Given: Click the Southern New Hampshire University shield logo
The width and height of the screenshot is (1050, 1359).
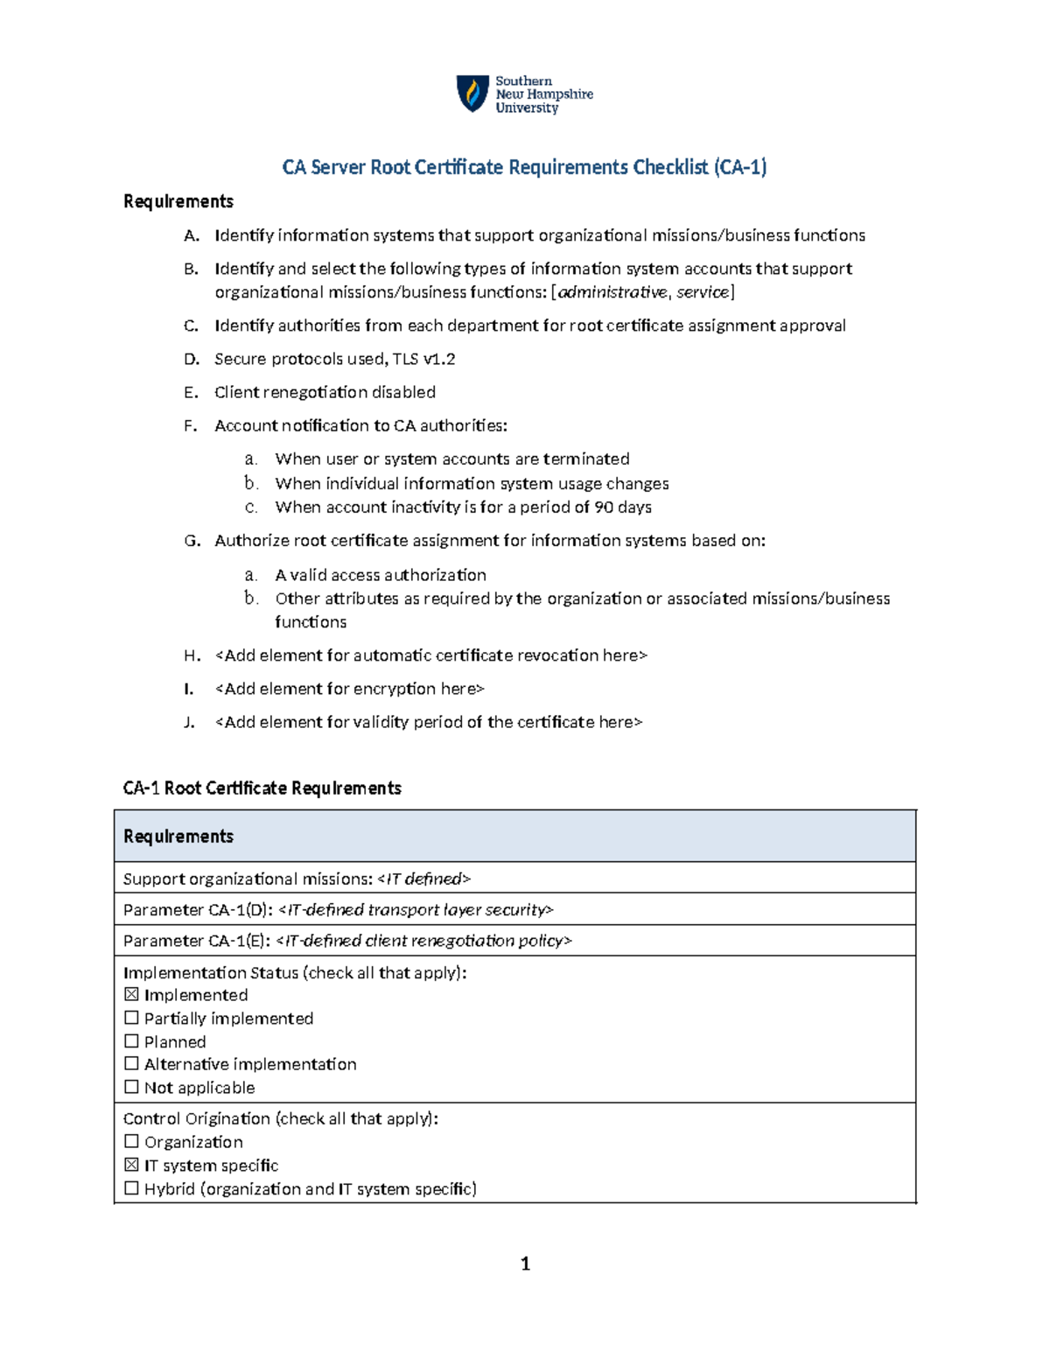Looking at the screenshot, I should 472,93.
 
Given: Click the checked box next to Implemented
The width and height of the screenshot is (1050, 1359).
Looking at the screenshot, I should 131,994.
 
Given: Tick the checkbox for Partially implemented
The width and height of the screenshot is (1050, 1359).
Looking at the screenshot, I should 131,1018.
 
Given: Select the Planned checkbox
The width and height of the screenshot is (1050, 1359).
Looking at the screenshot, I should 131,1041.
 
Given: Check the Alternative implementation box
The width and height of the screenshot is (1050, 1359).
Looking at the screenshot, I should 131,1063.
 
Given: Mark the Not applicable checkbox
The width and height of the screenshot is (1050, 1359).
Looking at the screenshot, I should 131,1087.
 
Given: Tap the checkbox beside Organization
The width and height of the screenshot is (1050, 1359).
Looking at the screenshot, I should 131,1141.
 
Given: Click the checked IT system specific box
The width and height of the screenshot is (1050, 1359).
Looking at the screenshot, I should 131,1165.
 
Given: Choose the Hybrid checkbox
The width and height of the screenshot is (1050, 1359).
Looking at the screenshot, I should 131,1188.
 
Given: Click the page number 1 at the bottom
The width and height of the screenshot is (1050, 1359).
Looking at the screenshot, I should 525,1263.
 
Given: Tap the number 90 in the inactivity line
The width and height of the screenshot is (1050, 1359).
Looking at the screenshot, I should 604,508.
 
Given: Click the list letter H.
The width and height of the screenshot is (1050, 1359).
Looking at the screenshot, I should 191,655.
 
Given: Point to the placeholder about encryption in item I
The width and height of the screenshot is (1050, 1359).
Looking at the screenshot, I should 349,689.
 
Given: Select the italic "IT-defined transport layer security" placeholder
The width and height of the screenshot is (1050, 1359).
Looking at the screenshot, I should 416,910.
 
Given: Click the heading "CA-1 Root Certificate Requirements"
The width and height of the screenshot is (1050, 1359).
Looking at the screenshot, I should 262,788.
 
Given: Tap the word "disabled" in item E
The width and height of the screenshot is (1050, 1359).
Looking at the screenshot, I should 403,392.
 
